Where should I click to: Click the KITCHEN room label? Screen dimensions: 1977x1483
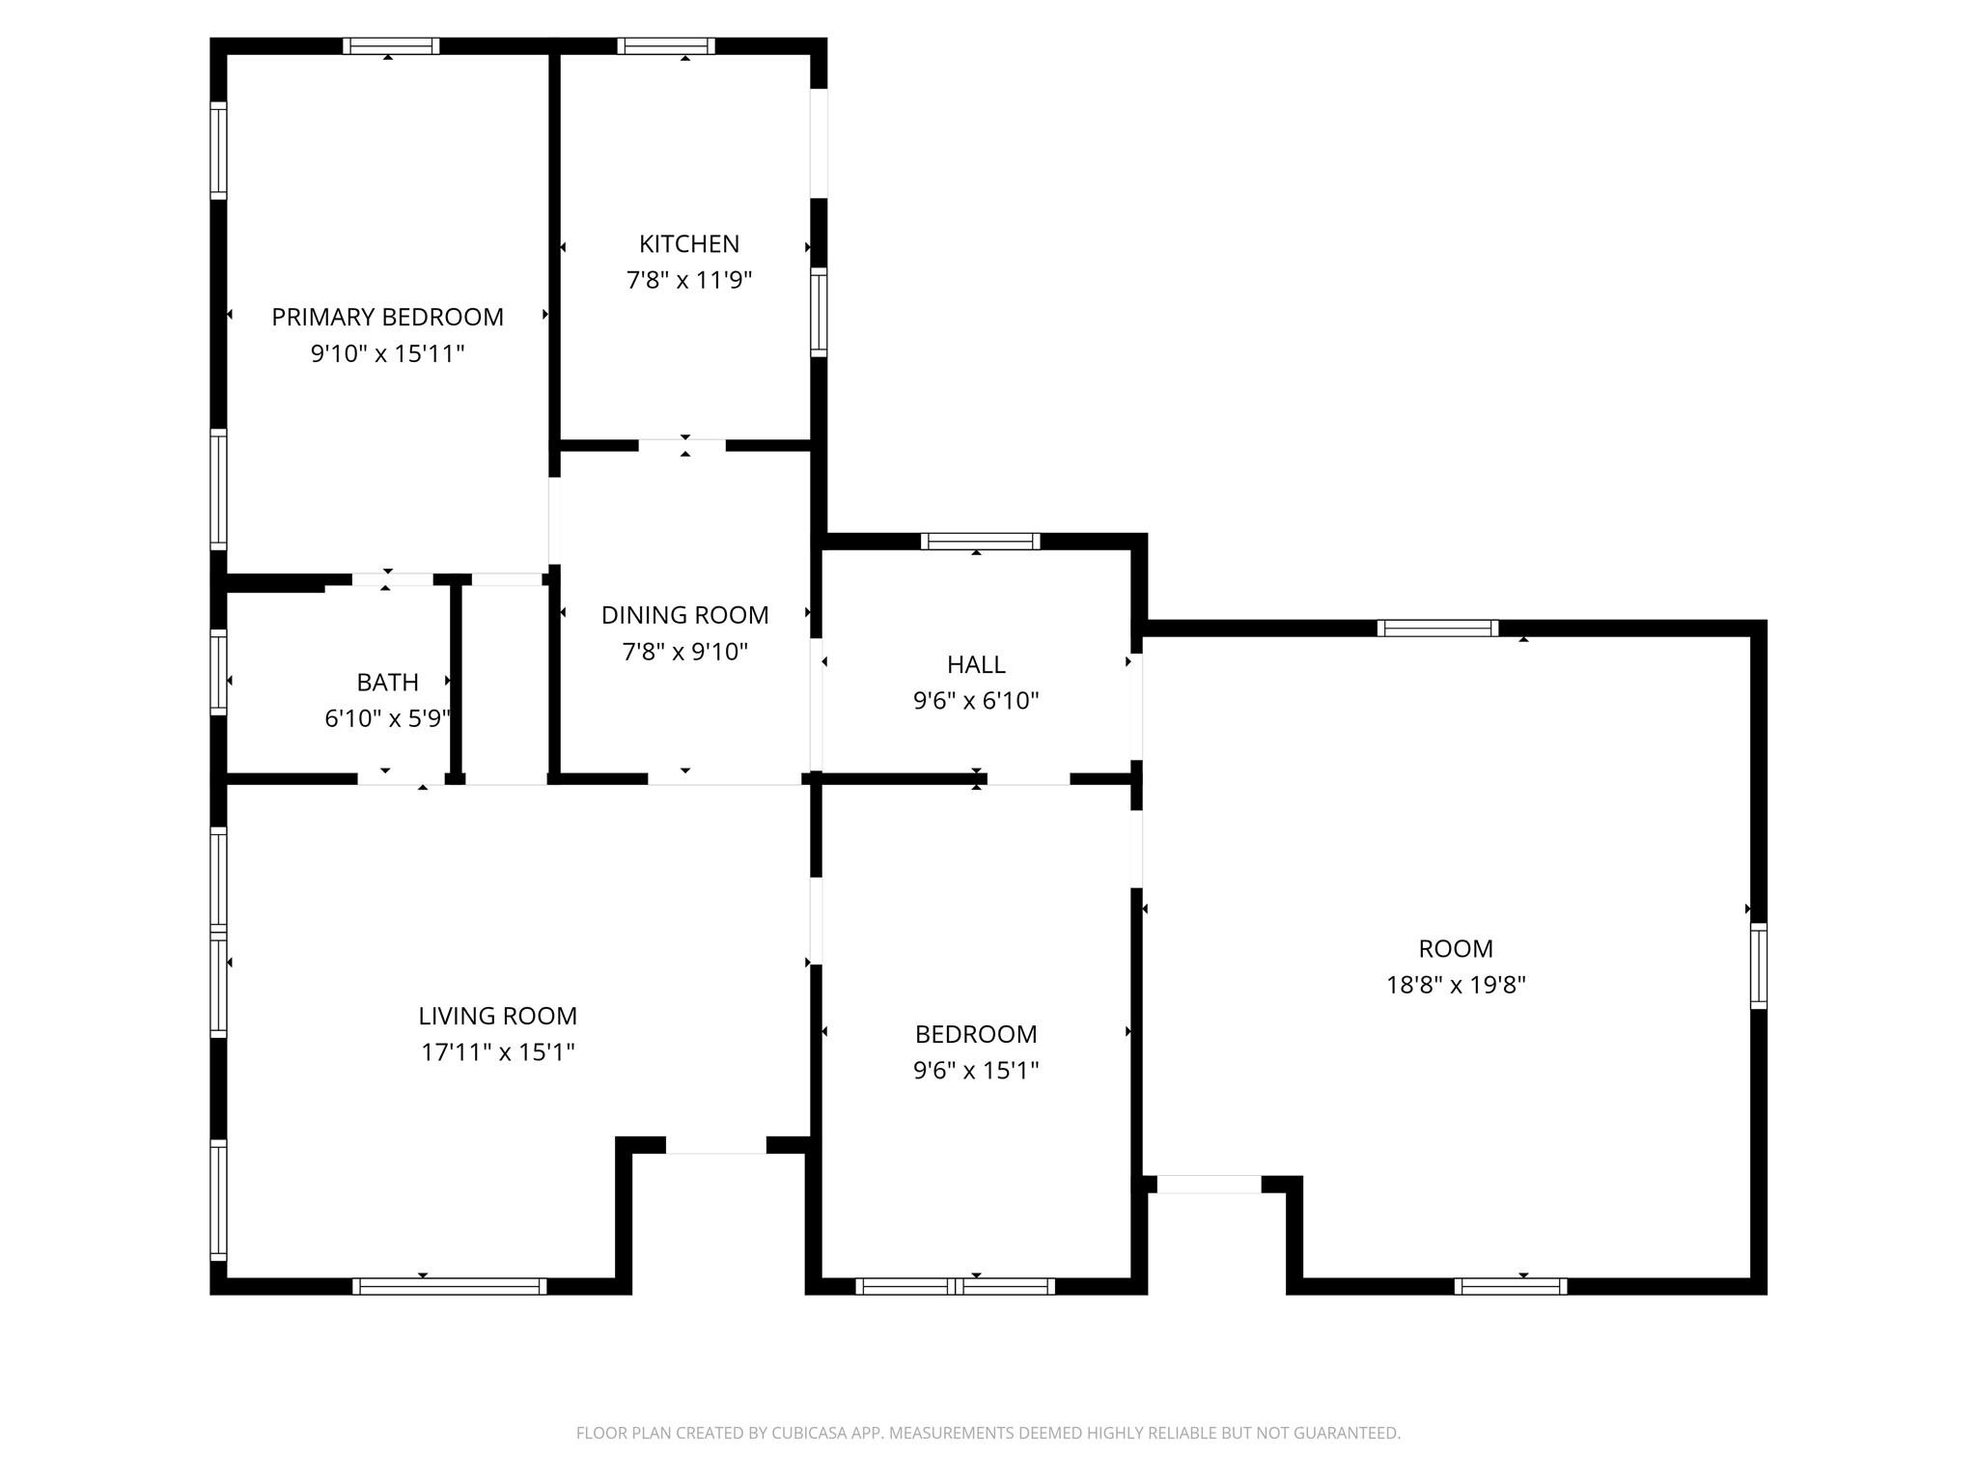click(x=689, y=244)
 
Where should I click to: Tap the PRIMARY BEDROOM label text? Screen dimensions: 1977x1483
click(x=387, y=317)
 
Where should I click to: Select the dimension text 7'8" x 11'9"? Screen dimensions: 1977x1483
click(x=689, y=280)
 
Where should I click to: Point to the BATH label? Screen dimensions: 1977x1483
click(x=387, y=683)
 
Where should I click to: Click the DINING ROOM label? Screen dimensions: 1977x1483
click(x=684, y=615)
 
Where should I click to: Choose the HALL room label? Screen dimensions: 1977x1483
click(x=976, y=664)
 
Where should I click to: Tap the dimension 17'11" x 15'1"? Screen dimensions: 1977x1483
click(x=497, y=1051)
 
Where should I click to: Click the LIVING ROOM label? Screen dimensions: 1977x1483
click(x=497, y=1016)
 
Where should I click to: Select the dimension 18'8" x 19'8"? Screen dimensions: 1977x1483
click(x=1456, y=985)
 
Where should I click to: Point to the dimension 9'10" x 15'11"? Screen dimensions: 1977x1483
click(x=387, y=353)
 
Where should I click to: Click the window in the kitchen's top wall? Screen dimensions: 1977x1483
click(x=666, y=45)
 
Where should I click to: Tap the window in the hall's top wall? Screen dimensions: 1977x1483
click(x=980, y=541)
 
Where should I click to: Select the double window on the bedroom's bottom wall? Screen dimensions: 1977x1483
click(x=955, y=1286)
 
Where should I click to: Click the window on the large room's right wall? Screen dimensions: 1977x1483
click(x=1759, y=966)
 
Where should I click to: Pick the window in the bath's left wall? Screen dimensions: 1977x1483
click(x=218, y=672)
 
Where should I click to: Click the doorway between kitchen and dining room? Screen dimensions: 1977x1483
click(x=682, y=445)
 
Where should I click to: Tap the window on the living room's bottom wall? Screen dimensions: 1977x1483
click(x=449, y=1286)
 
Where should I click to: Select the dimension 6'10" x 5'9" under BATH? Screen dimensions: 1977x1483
click(x=387, y=718)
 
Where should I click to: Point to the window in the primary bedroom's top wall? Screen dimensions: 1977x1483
click(x=391, y=45)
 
